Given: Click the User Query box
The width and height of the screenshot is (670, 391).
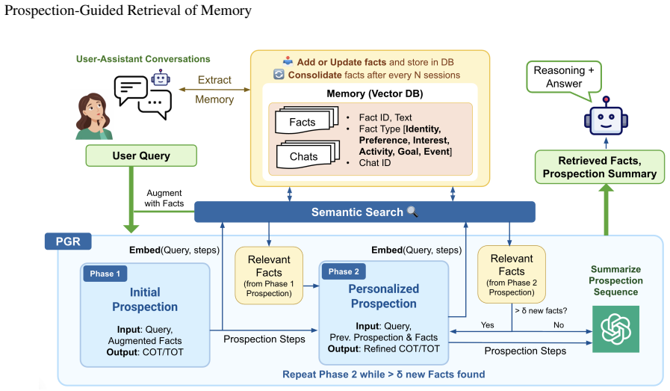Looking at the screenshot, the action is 141,156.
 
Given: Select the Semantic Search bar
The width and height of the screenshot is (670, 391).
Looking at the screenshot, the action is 365,212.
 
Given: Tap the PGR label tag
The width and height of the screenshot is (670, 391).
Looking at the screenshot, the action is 68,241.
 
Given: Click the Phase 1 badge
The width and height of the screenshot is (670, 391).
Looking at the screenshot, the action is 105,274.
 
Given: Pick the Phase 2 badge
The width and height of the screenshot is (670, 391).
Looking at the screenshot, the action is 343,271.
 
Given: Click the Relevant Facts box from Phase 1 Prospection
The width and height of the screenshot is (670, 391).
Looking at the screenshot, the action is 269,276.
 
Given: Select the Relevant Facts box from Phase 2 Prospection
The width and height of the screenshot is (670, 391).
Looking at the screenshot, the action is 512,274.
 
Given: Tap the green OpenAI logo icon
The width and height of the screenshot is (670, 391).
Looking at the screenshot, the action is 615,329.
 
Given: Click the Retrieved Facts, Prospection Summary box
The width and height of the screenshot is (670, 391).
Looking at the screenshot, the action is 600,167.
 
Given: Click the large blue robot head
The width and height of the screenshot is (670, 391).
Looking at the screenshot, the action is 606,119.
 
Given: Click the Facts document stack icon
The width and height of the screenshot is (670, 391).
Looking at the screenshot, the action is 306,120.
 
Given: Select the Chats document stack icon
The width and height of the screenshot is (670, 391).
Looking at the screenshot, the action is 308,155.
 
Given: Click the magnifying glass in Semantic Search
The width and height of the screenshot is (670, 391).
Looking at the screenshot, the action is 412,212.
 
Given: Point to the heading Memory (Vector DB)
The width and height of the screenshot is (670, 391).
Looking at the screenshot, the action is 375,93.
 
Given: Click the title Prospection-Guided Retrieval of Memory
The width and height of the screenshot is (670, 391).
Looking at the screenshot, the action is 128,10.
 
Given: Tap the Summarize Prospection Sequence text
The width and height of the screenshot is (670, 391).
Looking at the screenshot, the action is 615,280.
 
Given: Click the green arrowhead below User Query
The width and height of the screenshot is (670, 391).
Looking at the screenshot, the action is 131,227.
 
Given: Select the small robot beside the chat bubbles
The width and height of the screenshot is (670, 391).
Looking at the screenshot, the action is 161,78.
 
